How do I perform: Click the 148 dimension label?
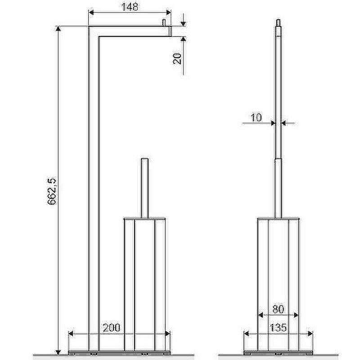[x=130, y=7]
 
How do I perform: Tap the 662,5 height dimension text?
[x=52, y=191]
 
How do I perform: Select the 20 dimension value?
[x=177, y=58]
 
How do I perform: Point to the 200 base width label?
[x=111, y=328]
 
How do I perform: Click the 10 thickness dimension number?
[x=256, y=117]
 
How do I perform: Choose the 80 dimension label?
[x=278, y=309]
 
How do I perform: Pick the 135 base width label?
[x=278, y=328]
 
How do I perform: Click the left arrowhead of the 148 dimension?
[x=91, y=13]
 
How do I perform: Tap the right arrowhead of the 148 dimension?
[x=168, y=13]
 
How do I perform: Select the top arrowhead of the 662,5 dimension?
[x=58, y=29]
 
